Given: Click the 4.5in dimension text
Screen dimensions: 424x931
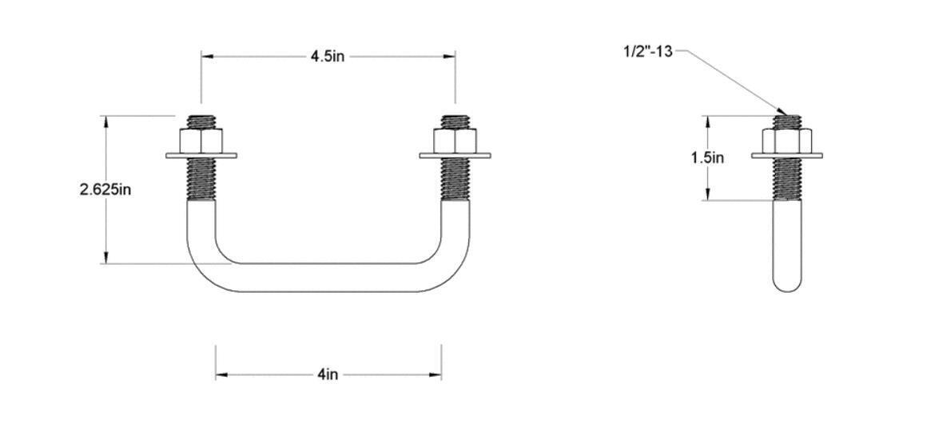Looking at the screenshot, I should pos(327,57).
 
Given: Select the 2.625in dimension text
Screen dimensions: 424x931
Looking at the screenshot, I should pos(105,190).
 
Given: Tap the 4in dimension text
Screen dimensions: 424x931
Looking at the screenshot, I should pos(327,375).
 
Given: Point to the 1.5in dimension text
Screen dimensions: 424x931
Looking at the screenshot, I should pos(707,158).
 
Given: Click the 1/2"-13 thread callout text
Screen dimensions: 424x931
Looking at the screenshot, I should pos(647,52).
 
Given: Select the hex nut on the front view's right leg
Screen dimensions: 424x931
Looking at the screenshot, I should pos(456,142).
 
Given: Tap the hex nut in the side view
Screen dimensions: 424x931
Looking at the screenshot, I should pos(786,142).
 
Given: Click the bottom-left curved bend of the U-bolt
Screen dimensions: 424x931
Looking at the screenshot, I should pos(205,265).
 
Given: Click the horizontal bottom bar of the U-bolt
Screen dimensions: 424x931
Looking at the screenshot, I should pos(328,278).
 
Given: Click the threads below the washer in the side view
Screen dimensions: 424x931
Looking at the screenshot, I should pos(786,179).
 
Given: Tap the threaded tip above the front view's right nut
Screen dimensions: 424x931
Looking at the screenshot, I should pos(456,122).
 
